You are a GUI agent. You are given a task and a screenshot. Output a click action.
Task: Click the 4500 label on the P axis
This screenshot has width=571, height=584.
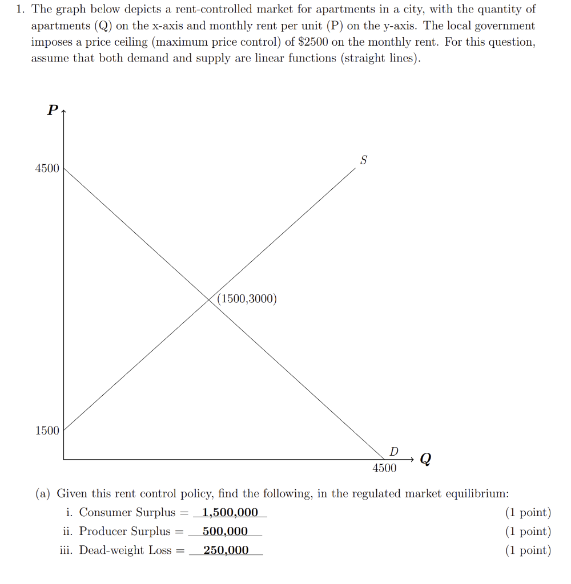click(x=47, y=168)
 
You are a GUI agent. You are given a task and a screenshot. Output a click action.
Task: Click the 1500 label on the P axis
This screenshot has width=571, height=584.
click(x=47, y=431)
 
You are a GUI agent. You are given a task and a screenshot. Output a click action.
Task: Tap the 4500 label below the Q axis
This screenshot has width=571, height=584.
click(x=384, y=468)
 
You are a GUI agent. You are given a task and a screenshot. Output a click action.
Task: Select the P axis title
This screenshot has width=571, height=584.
click(x=52, y=110)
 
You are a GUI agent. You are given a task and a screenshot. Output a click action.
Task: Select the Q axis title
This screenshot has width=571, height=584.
click(x=425, y=459)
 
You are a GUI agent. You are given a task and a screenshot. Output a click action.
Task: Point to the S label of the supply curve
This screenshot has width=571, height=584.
click(x=363, y=160)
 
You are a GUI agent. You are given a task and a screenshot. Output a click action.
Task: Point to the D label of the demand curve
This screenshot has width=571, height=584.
click(x=393, y=452)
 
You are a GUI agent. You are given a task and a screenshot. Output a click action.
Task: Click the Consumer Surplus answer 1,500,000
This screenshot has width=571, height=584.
click(x=230, y=512)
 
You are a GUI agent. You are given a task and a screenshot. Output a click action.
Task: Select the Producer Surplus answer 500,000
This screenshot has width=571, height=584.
click(x=225, y=531)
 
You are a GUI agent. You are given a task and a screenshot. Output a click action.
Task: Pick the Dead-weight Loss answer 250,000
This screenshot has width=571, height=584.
click(x=226, y=550)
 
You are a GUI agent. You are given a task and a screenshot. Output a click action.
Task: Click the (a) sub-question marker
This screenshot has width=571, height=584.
click(x=43, y=493)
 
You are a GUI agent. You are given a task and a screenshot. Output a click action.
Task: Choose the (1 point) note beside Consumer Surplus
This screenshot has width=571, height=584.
click(x=528, y=512)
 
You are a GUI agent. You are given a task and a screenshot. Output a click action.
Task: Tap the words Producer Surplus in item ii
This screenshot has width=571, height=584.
click(x=125, y=531)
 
